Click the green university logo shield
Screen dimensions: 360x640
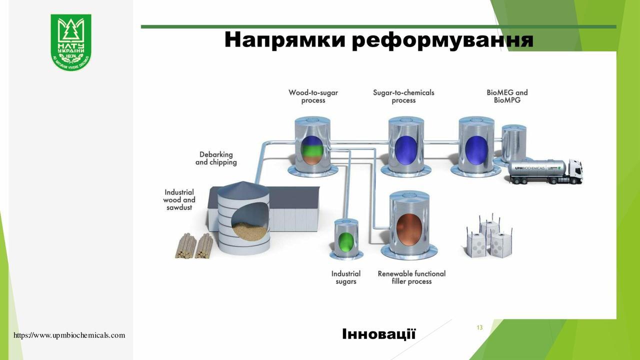pyautogui.click(x=70, y=42)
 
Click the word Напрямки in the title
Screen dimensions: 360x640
pyautogui.click(x=284, y=40)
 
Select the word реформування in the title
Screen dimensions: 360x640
pyautogui.click(x=442, y=40)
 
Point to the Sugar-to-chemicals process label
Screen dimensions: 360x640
pyautogui.click(x=403, y=96)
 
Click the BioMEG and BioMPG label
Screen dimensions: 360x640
pyautogui.click(x=506, y=96)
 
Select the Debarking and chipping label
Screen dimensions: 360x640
pyautogui.click(x=216, y=158)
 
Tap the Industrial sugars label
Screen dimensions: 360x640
pyautogui.click(x=345, y=277)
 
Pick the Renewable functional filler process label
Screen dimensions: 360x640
pyautogui.click(x=411, y=277)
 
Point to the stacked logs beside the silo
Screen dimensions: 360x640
pyautogui.click(x=194, y=246)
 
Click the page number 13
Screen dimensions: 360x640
pyautogui.click(x=479, y=327)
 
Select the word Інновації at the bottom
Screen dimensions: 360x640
pyautogui.click(x=378, y=334)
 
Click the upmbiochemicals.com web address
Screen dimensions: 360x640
pyautogui.click(x=69, y=335)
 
